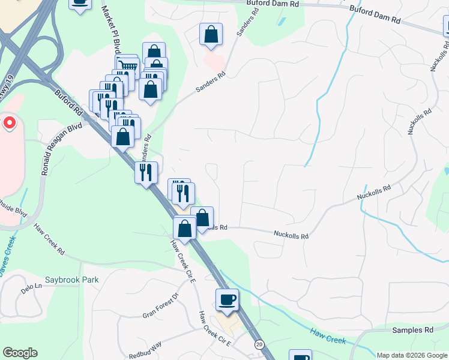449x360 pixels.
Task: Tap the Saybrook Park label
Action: (71, 280)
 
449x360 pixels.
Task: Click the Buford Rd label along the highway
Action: (68, 103)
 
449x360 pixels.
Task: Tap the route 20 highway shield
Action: (259, 344)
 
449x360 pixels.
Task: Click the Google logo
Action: (20, 353)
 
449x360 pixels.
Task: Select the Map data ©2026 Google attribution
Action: (412, 355)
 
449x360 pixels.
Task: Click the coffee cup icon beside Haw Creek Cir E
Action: (227, 299)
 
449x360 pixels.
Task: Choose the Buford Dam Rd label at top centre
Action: (273, 4)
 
